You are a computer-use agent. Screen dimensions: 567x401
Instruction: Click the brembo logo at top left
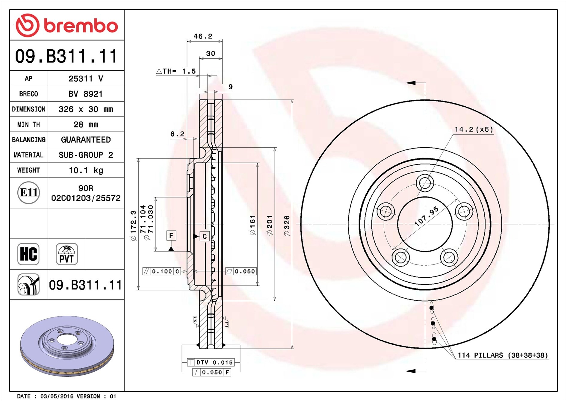(x=67, y=25)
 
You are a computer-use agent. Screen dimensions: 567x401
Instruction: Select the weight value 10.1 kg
(x=86, y=170)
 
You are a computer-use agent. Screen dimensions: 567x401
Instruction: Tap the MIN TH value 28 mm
(x=86, y=125)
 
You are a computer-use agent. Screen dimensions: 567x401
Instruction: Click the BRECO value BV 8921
(x=86, y=94)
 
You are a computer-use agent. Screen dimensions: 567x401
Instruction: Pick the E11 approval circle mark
(x=28, y=193)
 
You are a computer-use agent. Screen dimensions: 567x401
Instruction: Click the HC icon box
(x=28, y=254)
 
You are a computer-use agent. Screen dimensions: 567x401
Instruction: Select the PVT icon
(x=67, y=254)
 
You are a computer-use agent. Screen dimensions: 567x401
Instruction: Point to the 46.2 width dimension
(x=203, y=36)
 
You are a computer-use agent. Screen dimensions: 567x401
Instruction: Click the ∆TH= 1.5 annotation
(x=176, y=71)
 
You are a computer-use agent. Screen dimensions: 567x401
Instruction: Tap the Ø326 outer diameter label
(x=287, y=226)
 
